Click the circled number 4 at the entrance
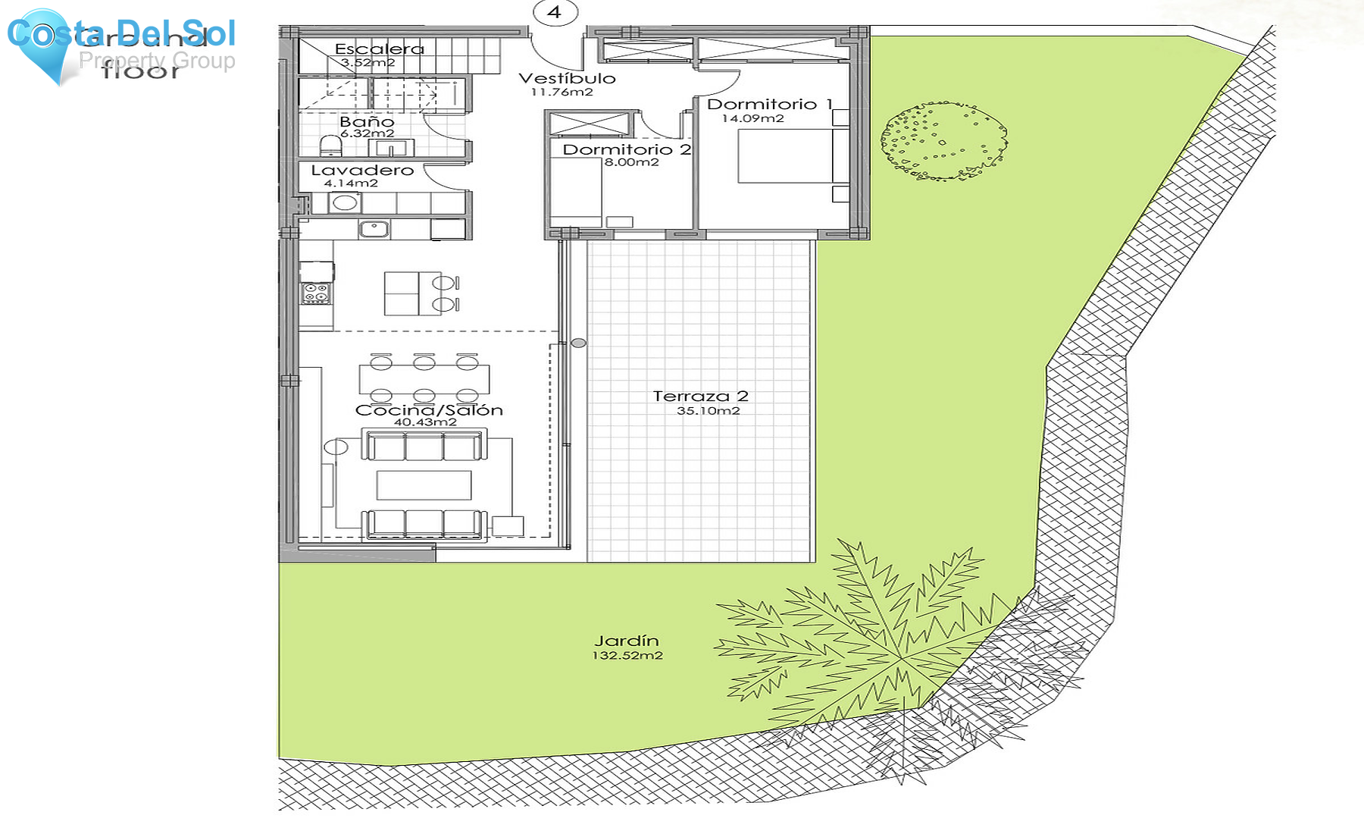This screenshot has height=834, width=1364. pos(555,12)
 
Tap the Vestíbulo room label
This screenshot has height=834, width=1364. pos(567,78)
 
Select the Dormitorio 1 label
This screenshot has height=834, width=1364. pos(769,104)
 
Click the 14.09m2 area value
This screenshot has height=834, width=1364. pos(752,118)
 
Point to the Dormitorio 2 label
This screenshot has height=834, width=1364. pos(626,149)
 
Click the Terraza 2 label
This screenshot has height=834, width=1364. pos(700,396)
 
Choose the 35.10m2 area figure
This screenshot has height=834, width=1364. pos(708,411)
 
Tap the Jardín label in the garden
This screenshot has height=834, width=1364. pos(626,641)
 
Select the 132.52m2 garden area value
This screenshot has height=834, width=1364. pos(627,656)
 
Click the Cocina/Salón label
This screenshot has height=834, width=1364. pos(429,410)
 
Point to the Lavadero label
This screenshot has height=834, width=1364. pos(362,171)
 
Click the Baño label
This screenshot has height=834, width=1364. pos(367,121)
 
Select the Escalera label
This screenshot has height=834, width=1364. pos(379,49)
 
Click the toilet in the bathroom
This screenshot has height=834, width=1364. pos(330,145)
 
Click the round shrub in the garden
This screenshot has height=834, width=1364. pos(943,141)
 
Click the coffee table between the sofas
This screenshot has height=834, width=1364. pos(424,485)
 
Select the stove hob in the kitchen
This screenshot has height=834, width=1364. pos(316,293)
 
